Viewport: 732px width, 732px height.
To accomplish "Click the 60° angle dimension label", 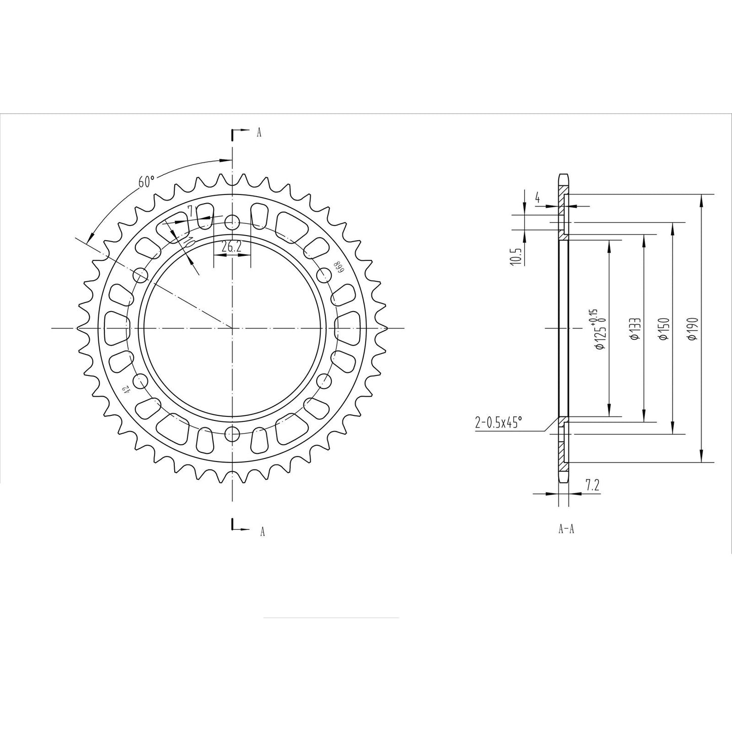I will (x=146, y=182).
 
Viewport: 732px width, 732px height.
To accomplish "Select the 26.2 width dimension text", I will (x=232, y=247).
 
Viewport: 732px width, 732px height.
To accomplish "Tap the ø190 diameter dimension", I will (x=694, y=329).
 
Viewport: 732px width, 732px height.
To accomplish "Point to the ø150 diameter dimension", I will (x=665, y=329).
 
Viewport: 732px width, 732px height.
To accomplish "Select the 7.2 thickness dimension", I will (x=592, y=485).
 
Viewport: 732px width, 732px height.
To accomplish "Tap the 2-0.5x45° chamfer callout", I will (x=498, y=422).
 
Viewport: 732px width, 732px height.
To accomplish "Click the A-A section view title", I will (x=566, y=529).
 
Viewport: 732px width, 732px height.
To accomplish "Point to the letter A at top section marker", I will (x=259, y=133).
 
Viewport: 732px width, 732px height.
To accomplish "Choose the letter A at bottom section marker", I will (x=262, y=531).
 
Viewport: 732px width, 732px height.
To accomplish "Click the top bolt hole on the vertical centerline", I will (x=232, y=221).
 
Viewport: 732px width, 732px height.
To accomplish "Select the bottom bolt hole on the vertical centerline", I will (x=232, y=434).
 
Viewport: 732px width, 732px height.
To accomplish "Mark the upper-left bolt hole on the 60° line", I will (x=140, y=275).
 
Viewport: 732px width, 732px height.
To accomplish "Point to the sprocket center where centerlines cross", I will (x=232, y=328).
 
